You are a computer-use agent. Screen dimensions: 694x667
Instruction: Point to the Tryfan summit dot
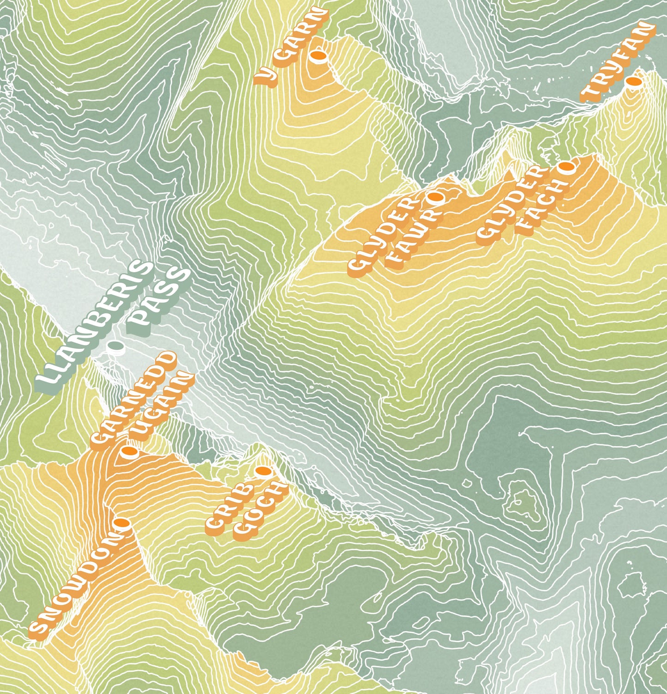[x=633, y=82]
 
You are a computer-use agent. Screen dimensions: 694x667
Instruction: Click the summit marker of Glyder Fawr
[x=435, y=197]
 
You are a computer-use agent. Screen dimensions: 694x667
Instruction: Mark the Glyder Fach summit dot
[x=566, y=166]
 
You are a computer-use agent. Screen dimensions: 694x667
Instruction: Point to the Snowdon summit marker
[x=122, y=523]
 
